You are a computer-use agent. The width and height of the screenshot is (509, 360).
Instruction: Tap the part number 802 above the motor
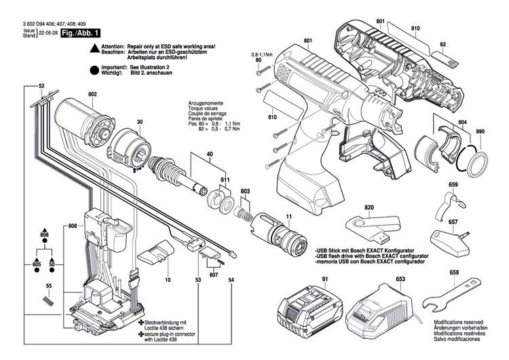[x=92, y=95]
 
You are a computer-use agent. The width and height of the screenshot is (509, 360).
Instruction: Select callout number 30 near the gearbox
[x=139, y=122]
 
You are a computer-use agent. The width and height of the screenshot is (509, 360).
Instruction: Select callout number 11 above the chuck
[x=288, y=217]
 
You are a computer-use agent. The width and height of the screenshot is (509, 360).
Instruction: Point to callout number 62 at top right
[x=442, y=45]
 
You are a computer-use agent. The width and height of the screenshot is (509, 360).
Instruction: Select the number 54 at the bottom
[x=231, y=279]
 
